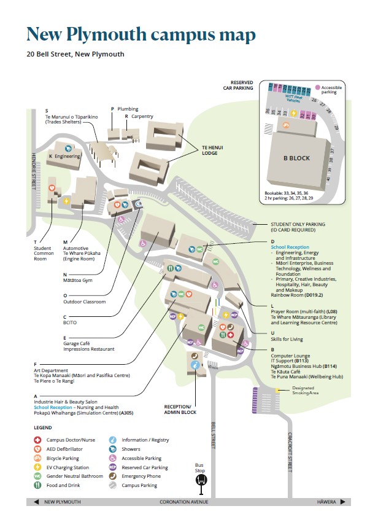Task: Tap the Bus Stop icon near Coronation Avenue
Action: point(201,480)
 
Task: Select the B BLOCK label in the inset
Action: point(296,158)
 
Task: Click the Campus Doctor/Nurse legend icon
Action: point(37,440)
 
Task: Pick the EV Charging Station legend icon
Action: point(37,467)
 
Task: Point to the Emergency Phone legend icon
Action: point(113,477)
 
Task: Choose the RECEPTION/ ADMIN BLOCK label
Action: point(181,410)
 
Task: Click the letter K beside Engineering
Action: point(50,157)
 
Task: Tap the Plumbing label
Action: point(128,109)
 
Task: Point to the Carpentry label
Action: point(142,116)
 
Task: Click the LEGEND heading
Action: point(42,427)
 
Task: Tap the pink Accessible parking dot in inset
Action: point(318,88)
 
